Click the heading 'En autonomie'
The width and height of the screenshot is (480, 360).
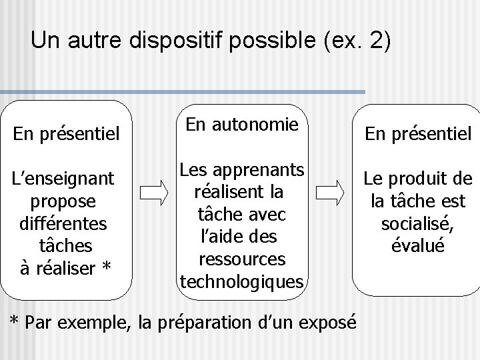241,123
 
